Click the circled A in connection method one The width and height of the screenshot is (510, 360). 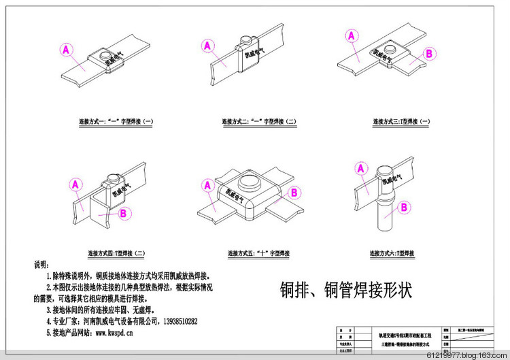coord(66,49)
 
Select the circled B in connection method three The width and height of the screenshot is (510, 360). coord(429,53)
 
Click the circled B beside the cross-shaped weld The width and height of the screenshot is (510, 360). coord(294,193)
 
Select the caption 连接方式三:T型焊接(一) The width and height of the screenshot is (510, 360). coord(401,122)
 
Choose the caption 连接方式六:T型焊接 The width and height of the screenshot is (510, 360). coord(392,254)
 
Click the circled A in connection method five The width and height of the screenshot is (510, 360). coord(209,184)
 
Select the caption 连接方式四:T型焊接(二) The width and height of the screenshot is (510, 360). coord(116,254)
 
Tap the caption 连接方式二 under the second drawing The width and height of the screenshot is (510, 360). coord(258,122)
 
